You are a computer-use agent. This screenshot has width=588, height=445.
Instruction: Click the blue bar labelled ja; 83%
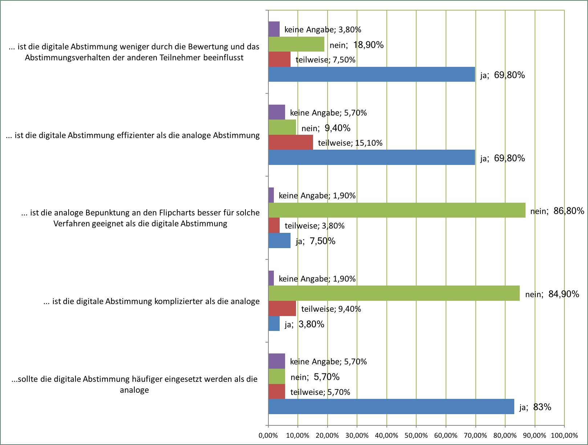click(x=391, y=406)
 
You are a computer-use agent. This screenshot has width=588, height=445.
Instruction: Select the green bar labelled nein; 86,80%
click(x=397, y=210)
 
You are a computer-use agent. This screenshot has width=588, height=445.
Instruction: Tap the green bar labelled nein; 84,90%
click(x=394, y=293)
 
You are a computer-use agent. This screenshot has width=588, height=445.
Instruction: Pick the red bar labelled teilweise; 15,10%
click(x=291, y=142)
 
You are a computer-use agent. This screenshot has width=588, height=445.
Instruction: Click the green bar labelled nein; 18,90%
click(x=296, y=44)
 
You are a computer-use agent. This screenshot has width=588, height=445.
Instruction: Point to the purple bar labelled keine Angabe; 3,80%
click(x=274, y=29)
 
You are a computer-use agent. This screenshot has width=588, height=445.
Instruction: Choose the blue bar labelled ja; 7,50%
click(x=279, y=240)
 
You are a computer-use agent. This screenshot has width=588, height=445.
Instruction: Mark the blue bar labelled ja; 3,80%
click(x=274, y=323)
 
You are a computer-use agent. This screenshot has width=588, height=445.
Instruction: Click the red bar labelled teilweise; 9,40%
click(x=282, y=308)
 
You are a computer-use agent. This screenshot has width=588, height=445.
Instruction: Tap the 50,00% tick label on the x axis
click(x=416, y=435)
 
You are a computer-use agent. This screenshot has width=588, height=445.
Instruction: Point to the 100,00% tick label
click(x=564, y=435)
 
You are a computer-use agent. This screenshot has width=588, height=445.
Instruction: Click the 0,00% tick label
click(x=268, y=435)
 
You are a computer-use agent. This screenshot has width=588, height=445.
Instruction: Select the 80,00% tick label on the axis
click(x=505, y=435)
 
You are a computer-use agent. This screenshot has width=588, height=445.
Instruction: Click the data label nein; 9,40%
click(x=326, y=128)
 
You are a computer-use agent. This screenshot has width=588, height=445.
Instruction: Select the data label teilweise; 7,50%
click(x=325, y=60)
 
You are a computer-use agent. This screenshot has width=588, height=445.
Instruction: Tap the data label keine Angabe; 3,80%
click(x=323, y=29)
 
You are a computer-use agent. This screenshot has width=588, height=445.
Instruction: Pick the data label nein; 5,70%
click(x=315, y=377)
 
